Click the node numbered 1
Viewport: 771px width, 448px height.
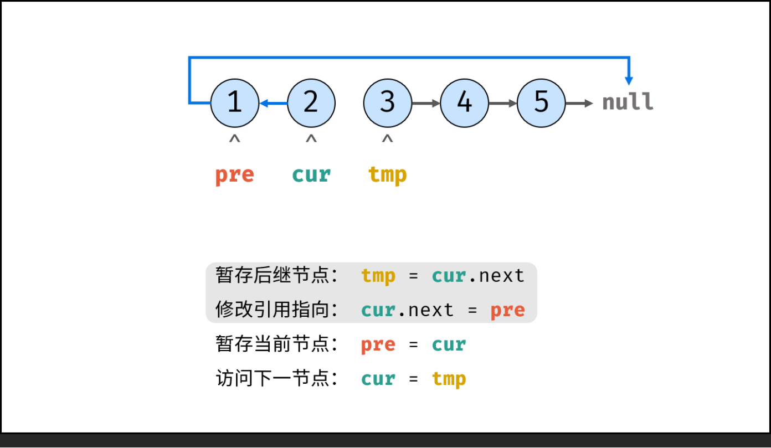(235, 103)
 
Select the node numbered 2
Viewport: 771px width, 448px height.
(311, 103)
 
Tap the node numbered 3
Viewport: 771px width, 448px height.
(388, 103)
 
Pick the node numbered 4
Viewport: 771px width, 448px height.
(464, 103)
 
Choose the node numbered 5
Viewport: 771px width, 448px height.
(541, 103)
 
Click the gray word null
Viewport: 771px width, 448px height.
(628, 102)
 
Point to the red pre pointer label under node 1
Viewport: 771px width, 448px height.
(234, 175)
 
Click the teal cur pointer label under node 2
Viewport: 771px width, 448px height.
(311, 175)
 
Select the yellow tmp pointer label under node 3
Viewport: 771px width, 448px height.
(388, 175)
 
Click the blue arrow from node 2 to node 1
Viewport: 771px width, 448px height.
(273, 103)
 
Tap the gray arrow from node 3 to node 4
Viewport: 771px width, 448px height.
(426, 103)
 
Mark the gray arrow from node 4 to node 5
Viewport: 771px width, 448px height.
(502, 103)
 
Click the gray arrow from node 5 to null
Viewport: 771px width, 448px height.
(579, 103)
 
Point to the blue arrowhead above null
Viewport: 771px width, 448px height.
(629, 80)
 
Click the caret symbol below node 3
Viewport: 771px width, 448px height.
(388, 140)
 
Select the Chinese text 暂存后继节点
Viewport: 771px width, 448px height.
(271, 275)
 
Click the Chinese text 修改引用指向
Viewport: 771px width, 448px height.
(271, 310)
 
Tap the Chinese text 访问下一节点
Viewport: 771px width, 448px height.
(271, 379)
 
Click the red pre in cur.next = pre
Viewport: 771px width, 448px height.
(507, 310)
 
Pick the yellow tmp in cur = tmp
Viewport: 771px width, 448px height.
(449, 379)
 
